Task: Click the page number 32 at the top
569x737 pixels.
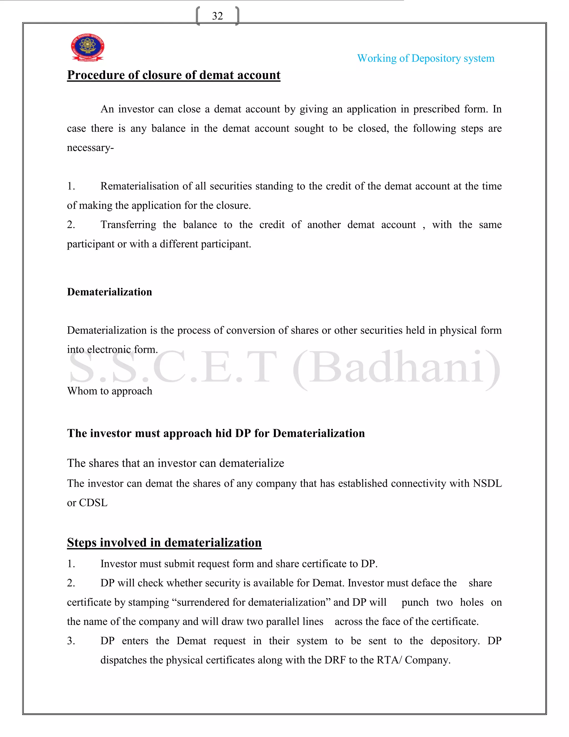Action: click(218, 16)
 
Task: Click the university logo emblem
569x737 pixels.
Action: click(87, 47)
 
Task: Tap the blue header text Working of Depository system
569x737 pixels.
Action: click(425, 58)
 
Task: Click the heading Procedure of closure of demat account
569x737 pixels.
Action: click(174, 75)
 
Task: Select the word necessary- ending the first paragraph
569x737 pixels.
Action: click(90, 148)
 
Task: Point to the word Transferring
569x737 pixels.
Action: click(128, 225)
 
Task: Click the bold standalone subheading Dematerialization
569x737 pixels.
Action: click(109, 292)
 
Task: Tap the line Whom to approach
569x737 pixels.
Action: click(109, 391)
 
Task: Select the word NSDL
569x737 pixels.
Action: click(487, 483)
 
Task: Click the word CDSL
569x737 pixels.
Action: click(93, 503)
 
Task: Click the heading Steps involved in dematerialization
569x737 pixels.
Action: click(164, 543)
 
